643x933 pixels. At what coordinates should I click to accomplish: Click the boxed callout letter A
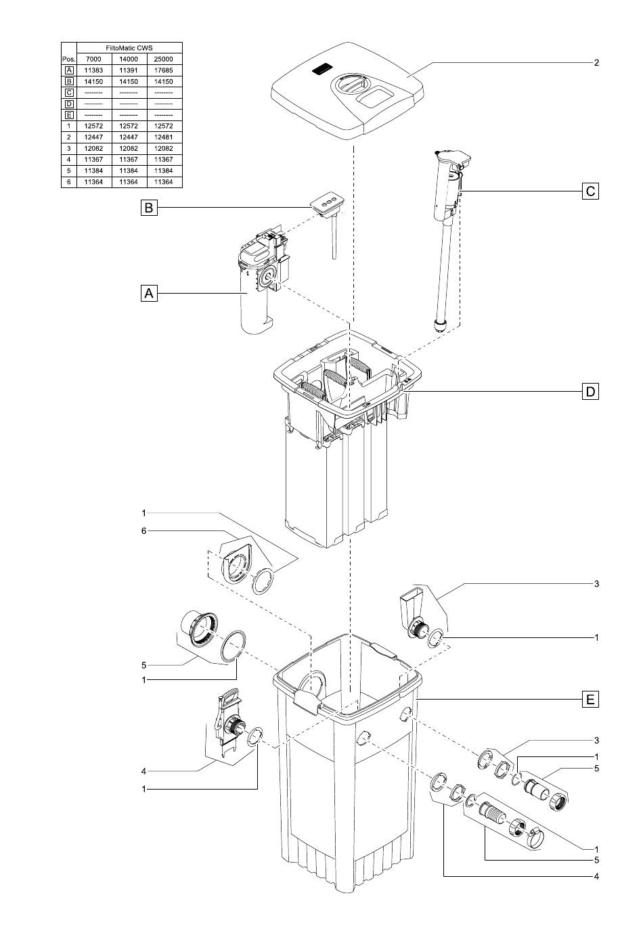pyautogui.click(x=149, y=293)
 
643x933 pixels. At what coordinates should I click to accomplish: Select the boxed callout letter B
pyautogui.click(x=149, y=207)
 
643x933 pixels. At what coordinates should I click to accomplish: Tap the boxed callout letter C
pyautogui.click(x=590, y=191)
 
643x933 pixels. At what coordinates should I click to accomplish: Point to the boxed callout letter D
pyautogui.click(x=590, y=392)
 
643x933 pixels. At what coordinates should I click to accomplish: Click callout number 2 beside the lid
pyautogui.click(x=596, y=62)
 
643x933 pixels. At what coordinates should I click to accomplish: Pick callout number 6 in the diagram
pyautogui.click(x=143, y=530)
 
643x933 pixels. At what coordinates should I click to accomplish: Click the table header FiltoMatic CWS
pyautogui.click(x=129, y=48)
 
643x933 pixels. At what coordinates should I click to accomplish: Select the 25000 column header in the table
pyautogui.click(x=163, y=59)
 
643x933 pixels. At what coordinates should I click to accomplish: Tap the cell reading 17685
pyautogui.click(x=163, y=70)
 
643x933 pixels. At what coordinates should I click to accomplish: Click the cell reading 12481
pyautogui.click(x=163, y=137)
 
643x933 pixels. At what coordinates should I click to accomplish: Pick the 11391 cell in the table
pyautogui.click(x=129, y=70)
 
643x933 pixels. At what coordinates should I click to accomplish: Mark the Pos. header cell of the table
pyautogui.click(x=68, y=59)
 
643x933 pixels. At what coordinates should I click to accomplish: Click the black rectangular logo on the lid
pyautogui.click(x=321, y=70)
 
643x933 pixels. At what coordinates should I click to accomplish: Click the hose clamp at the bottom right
pyautogui.click(x=537, y=835)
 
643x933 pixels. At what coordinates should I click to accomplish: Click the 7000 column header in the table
pyautogui.click(x=93, y=59)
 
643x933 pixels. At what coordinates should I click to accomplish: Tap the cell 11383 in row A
pyautogui.click(x=93, y=70)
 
